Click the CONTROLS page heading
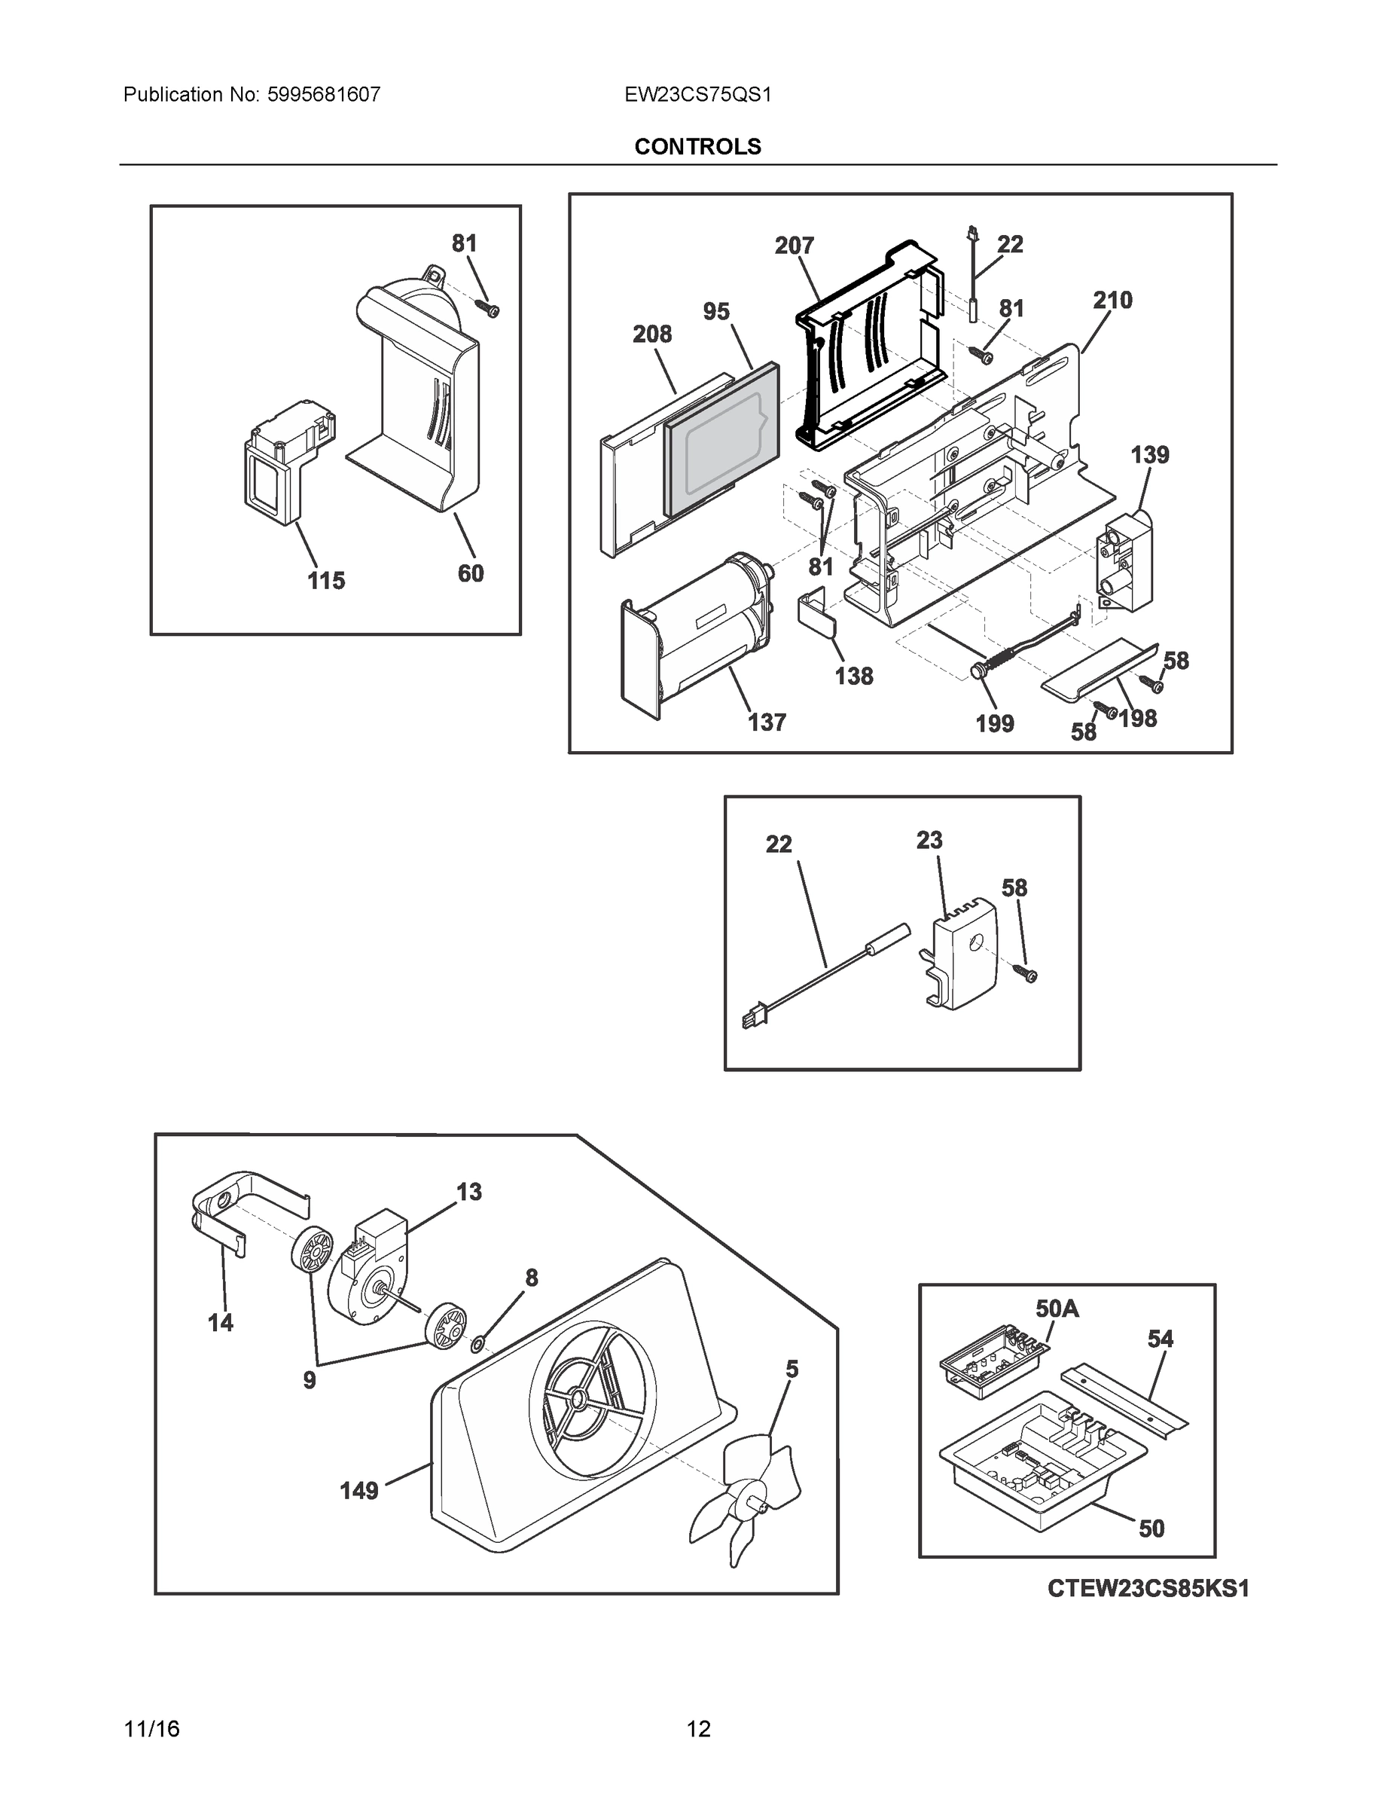[x=697, y=147]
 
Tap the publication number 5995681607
[x=324, y=94]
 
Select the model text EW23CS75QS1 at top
[x=697, y=94]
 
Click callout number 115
[x=326, y=580]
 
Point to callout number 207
[x=795, y=245]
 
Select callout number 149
[x=359, y=1491]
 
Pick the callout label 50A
[x=1057, y=1308]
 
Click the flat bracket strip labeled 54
[x=1127, y=1399]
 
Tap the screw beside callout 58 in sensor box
[x=1029, y=974]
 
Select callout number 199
[x=994, y=723]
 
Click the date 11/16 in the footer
[x=151, y=1730]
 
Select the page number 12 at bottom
[x=697, y=1730]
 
